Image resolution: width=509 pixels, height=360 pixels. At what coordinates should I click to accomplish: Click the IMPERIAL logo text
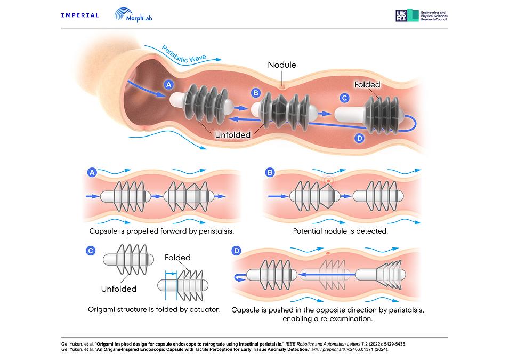(x=80, y=15)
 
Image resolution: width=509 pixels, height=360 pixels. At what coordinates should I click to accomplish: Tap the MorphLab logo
(x=133, y=15)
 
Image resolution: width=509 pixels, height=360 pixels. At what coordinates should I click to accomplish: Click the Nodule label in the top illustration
(x=282, y=65)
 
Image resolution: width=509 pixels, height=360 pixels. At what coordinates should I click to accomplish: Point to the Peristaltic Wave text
(x=183, y=54)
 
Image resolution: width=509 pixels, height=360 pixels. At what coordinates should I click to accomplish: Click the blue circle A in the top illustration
(x=168, y=85)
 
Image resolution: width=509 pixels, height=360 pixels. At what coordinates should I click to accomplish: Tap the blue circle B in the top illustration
(x=256, y=93)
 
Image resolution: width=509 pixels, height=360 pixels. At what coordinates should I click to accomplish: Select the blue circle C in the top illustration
(x=344, y=98)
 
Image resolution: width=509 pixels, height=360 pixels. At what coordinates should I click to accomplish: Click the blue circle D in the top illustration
(x=359, y=139)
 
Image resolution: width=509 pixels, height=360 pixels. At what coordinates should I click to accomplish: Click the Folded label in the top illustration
(x=367, y=85)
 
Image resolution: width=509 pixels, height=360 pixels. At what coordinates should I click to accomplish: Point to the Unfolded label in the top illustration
(x=233, y=135)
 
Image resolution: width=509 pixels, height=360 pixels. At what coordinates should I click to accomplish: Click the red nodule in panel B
(x=328, y=180)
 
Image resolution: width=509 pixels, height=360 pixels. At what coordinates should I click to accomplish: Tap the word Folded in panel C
(x=177, y=258)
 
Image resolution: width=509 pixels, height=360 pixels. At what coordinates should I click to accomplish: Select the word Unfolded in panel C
(x=119, y=289)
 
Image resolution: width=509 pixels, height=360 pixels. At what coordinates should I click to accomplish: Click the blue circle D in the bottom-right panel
(x=236, y=251)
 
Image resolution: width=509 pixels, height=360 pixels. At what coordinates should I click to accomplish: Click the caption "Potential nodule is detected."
(x=341, y=231)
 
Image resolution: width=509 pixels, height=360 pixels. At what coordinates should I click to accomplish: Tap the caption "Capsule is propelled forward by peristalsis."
(x=161, y=231)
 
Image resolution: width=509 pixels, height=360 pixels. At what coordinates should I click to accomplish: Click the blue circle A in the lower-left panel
(x=92, y=172)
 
